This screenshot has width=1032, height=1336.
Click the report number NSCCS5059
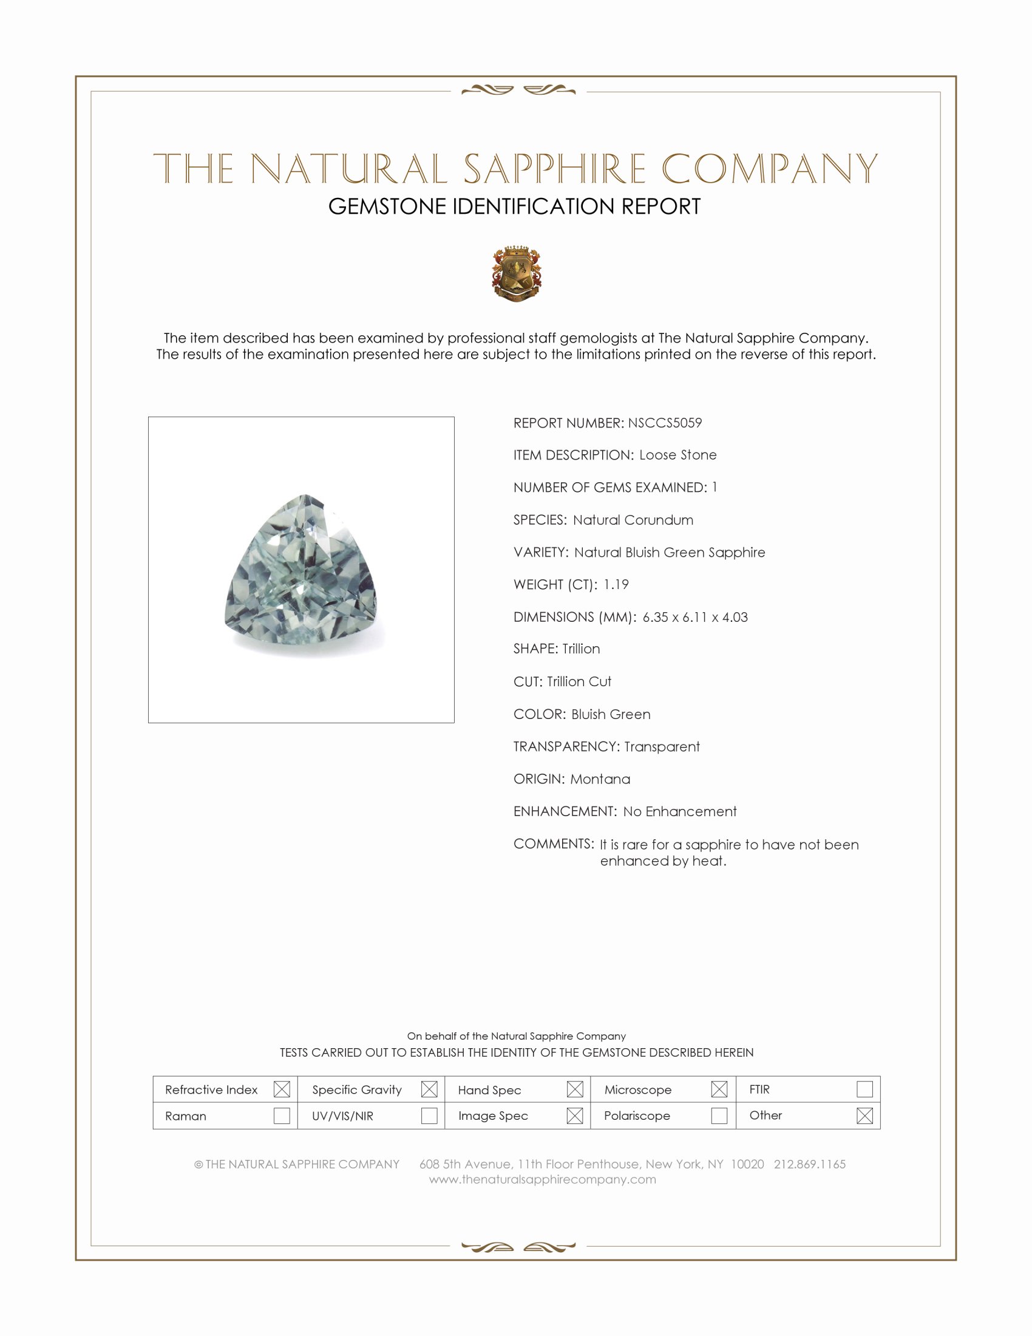pos(665,423)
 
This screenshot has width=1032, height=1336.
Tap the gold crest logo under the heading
pos(517,273)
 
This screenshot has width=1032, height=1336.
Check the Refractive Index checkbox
pos(281,1089)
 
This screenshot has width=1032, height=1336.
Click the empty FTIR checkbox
pos(864,1089)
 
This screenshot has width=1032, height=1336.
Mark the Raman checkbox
pos(281,1116)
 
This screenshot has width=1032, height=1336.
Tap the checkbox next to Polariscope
pos(719,1116)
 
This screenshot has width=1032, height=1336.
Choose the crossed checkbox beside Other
pos(864,1116)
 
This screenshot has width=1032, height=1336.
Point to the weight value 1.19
pos(616,584)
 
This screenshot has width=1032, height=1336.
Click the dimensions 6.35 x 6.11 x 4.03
pos(694,616)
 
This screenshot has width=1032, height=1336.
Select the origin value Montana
pos(600,779)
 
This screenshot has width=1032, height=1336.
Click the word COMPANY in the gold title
pos(770,169)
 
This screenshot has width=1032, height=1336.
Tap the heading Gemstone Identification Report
pos(514,206)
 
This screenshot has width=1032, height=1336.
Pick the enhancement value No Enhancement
pos(680,811)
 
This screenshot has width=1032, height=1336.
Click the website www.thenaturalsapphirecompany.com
pos(542,1179)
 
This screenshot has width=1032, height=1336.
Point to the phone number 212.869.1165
pos(809,1164)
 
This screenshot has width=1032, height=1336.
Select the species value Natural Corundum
pos(633,520)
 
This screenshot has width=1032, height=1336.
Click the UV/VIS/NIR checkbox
pos(429,1116)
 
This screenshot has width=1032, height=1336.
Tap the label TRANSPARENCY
pos(566,746)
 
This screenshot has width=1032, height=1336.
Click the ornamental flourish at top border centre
pos(518,90)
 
